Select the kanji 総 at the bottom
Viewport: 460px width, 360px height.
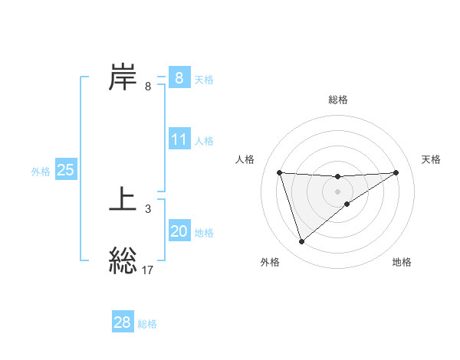pos(123,261)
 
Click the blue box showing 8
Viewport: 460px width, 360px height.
pos(179,77)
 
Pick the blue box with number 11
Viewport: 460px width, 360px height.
pos(179,139)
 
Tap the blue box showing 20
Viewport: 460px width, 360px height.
pos(179,231)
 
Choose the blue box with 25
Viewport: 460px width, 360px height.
pos(65,170)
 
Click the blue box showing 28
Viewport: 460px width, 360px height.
pos(123,322)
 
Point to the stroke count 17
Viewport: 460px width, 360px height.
pos(148,270)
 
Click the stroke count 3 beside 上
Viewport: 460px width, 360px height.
pos(148,208)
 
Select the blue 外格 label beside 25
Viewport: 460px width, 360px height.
pos(41,172)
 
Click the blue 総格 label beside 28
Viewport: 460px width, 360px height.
pos(147,324)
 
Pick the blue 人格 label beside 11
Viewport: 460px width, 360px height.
pos(204,141)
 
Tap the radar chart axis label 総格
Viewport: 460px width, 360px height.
pos(338,100)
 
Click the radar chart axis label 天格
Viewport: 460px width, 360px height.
pos(432,159)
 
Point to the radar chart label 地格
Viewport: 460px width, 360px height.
pos(402,262)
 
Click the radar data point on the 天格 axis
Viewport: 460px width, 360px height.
pos(396,172)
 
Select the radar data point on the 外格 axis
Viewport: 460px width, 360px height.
pos(301,242)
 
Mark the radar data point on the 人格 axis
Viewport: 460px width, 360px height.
pos(279,172)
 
